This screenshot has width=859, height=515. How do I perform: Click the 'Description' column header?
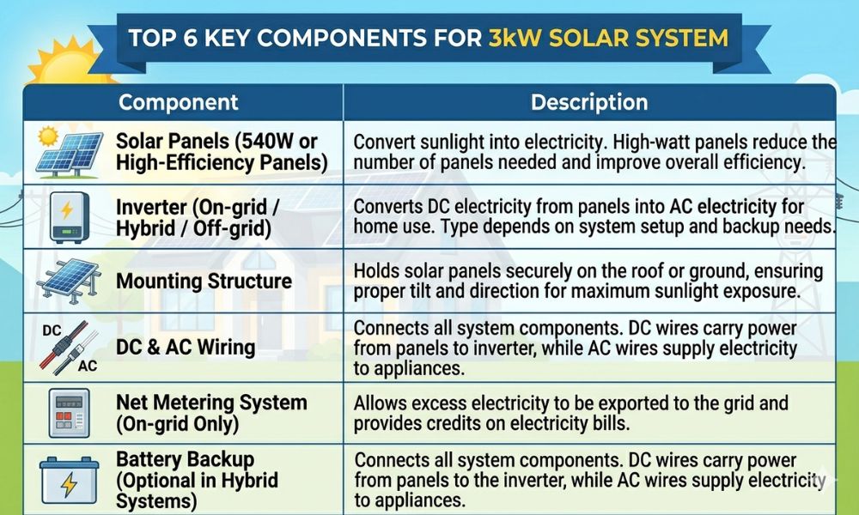588,102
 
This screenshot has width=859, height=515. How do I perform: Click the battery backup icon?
70,479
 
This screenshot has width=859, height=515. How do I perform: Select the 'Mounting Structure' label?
204,282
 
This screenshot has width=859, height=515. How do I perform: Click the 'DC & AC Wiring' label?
186,347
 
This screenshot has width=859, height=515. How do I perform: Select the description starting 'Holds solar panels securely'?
588,282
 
